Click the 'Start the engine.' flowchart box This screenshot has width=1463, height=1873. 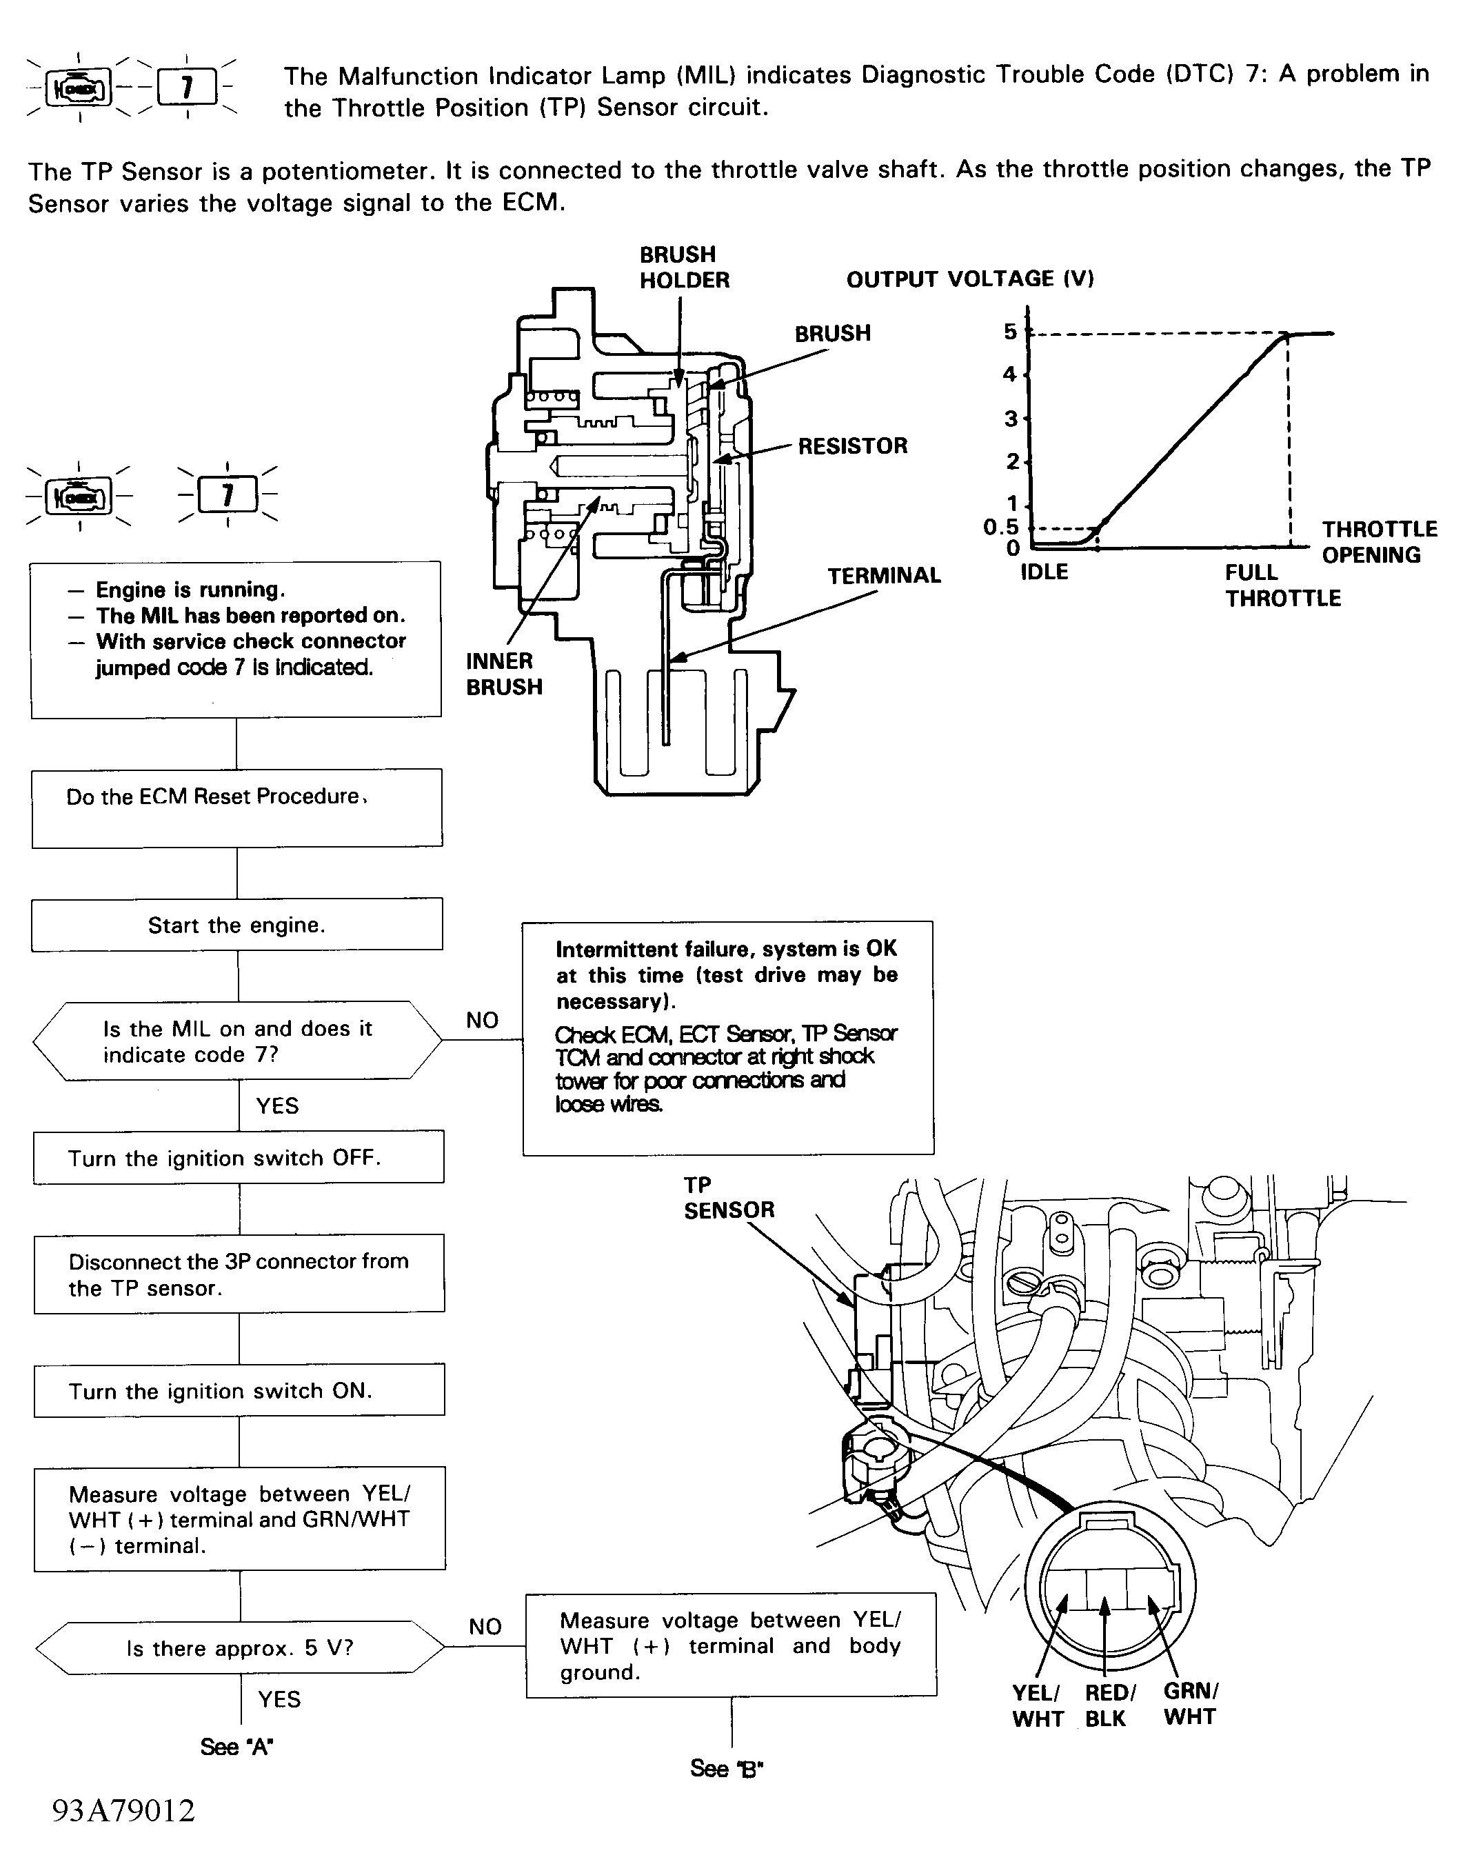coord(236,925)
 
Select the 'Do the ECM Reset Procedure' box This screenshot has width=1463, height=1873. coord(236,808)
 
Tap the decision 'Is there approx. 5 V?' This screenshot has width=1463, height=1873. coord(239,1647)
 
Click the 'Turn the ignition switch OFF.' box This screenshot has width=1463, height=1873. coord(239,1157)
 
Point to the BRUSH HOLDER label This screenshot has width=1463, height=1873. coord(683,268)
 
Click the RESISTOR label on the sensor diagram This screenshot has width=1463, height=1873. coord(852,446)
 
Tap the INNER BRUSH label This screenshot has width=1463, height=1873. coord(503,674)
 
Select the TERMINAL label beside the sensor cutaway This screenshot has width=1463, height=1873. coord(883,575)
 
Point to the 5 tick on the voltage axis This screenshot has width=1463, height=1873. coord(1010,332)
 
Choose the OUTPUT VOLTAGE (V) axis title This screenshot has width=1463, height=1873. coord(970,279)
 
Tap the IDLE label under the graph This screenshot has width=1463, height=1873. coord(1044,572)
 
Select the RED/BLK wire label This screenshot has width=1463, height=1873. coord(1110,1706)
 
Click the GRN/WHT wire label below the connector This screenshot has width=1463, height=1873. coord(1190,1704)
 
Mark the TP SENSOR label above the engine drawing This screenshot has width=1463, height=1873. coord(728,1197)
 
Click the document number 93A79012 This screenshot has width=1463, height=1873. coord(123,1810)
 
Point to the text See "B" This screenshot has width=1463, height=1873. coord(727,1768)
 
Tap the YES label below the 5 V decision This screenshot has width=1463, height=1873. coord(279,1699)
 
